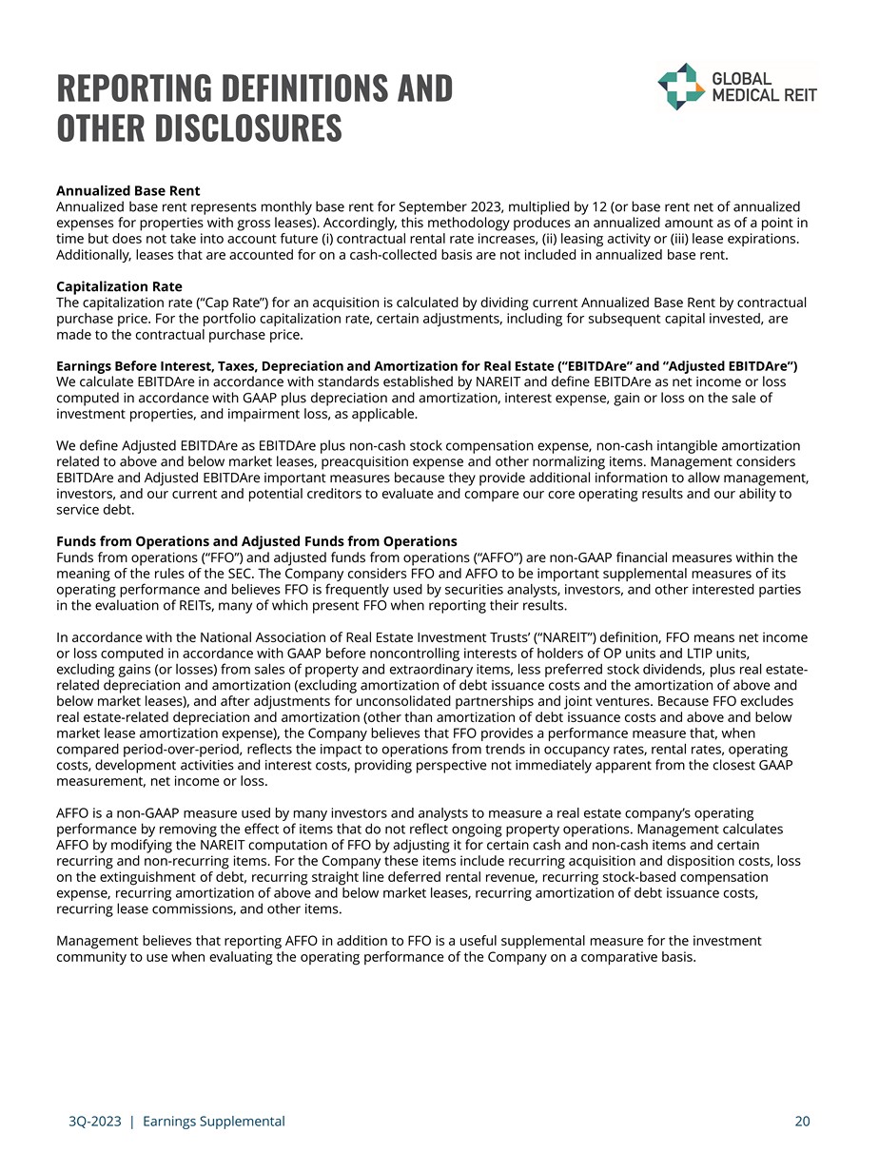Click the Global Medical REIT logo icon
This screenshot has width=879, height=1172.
point(679,87)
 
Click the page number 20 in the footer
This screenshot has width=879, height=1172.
point(802,1122)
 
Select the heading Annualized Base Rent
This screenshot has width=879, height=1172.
point(127,191)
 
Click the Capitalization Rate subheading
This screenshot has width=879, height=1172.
point(119,286)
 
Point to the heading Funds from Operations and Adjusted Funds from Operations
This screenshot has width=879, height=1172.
point(257,541)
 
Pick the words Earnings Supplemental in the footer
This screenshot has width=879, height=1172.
point(213,1122)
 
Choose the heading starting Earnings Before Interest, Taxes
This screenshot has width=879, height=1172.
point(427,366)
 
